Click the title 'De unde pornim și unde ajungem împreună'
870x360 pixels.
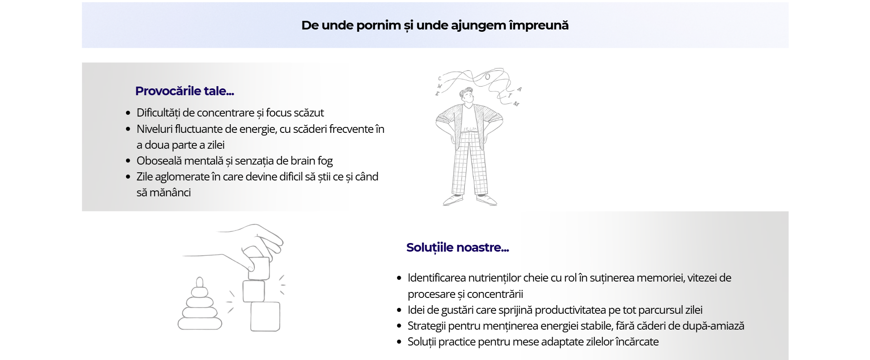coord(435,25)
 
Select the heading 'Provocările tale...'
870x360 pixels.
coord(185,91)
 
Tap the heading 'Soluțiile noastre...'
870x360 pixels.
coord(457,248)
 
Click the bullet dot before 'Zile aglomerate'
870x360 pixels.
coord(128,177)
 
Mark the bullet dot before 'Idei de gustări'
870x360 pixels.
coord(399,310)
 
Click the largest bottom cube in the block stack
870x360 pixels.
coord(265,316)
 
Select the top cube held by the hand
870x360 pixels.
coord(259,268)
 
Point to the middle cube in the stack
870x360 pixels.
coord(253,291)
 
